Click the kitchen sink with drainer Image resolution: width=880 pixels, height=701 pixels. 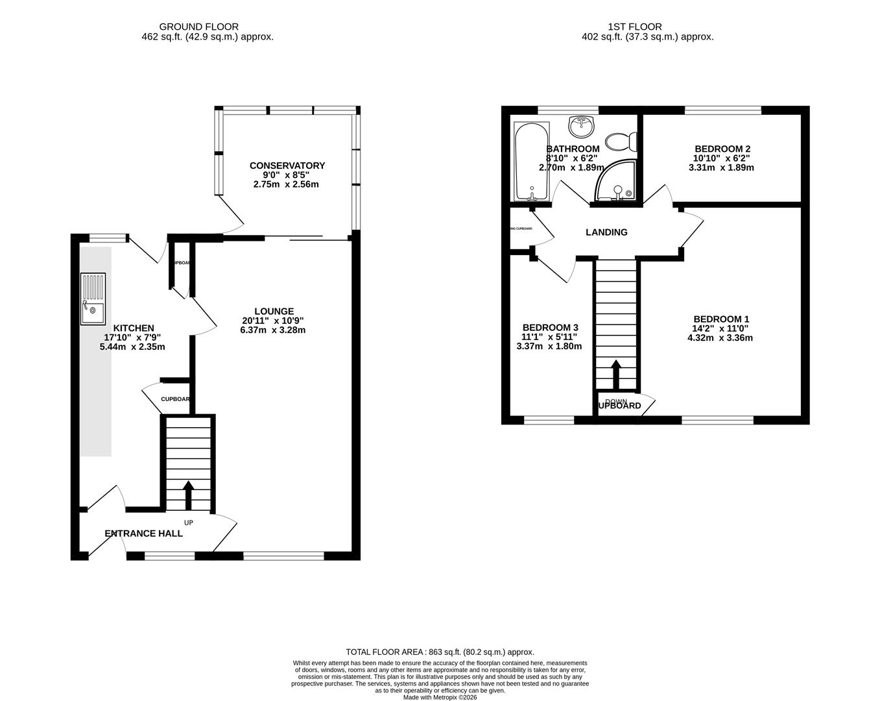click(92, 299)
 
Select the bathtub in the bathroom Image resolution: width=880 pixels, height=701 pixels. click(531, 162)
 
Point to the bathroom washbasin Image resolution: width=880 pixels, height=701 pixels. click(582, 123)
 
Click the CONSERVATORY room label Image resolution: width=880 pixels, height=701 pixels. click(287, 166)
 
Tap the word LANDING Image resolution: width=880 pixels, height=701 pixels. click(606, 232)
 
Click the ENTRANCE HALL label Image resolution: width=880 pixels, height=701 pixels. click(144, 534)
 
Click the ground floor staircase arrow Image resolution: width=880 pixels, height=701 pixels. click(189, 495)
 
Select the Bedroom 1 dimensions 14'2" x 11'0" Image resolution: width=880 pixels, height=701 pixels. click(721, 328)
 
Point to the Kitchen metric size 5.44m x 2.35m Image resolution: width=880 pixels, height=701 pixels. click(132, 347)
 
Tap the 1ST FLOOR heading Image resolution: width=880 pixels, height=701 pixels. click(635, 27)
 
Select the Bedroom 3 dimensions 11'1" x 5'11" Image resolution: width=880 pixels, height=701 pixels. click(549, 337)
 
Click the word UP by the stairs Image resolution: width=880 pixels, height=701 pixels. click(189, 523)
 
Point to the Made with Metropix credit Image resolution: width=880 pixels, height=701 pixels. click(440, 697)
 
